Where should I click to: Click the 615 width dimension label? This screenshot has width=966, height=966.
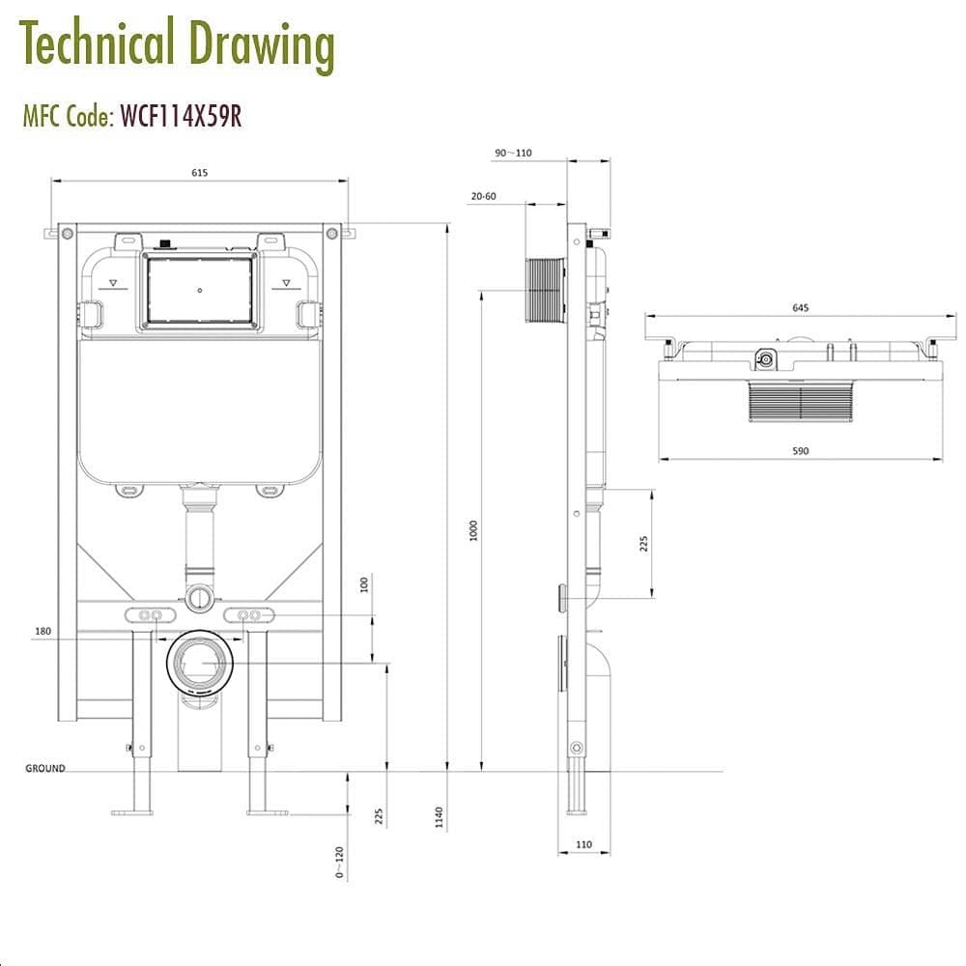click(199, 173)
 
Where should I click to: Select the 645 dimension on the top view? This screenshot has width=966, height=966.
click(800, 308)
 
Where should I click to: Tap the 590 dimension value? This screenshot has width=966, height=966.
click(800, 451)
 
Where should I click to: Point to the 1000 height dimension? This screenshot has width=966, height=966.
click(474, 530)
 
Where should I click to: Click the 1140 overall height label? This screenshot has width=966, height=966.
click(440, 817)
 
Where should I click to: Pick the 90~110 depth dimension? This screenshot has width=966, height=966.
click(513, 154)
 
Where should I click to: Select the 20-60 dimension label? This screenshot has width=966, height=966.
click(483, 196)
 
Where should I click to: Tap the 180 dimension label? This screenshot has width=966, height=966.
click(69, 632)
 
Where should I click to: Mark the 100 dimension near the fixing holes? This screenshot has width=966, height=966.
click(365, 584)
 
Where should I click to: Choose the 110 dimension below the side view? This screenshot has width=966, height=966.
click(583, 844)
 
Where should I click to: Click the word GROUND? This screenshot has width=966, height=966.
click(45, 769)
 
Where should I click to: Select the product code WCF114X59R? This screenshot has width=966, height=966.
click(180, 117)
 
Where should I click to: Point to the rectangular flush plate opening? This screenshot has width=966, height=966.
click(199, 290)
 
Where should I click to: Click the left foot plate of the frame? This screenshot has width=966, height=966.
click(131, 811)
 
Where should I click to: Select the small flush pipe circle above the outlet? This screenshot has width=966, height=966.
click(199, 597)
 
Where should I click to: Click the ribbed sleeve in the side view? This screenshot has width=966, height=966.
click(546, 290)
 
